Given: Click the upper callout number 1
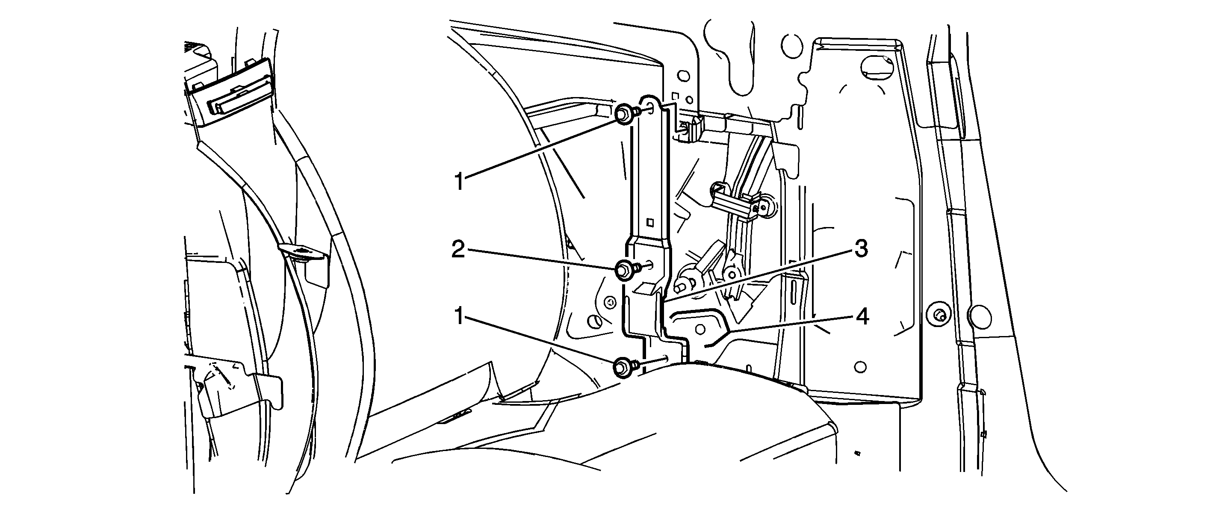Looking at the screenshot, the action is coord(458,182).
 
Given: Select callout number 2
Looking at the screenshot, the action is coord(457,250).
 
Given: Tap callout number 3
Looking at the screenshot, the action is coord(861,249).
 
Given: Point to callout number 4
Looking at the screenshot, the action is coord(863,317).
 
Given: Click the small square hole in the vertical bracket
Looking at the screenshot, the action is coord(651,221).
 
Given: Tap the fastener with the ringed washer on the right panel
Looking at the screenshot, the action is coord(937,314).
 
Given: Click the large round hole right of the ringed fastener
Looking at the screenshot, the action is coord(980,314).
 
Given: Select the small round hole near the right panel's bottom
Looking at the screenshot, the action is coord(861,367).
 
